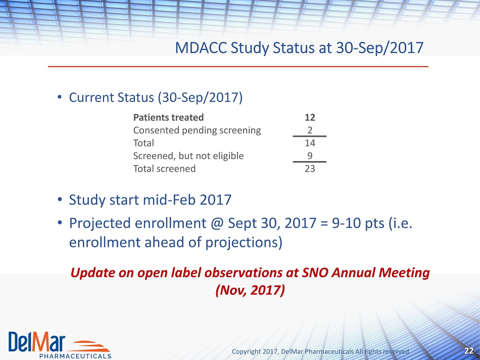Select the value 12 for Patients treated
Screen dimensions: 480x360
310,118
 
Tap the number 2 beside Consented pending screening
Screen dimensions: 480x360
310,130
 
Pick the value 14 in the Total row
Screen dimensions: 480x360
310,143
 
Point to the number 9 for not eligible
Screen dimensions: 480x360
310,156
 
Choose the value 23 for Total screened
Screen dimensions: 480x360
310,169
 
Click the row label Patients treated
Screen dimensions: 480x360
168,118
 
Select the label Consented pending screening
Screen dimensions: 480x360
197,131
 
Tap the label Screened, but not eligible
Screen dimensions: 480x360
188,156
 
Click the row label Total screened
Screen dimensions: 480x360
164,169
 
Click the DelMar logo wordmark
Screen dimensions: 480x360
37,342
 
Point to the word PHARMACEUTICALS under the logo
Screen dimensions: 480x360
75,356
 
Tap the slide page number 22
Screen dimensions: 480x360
469,351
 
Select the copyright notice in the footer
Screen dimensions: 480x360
320,351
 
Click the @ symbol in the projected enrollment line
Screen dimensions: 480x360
217,223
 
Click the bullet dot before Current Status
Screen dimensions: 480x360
60,97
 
